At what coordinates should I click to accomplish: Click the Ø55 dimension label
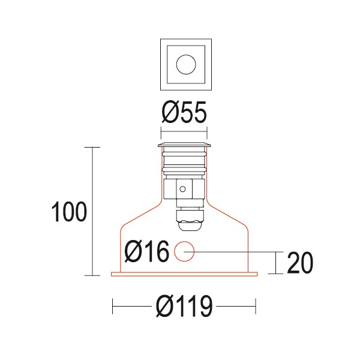[x=184, y=112]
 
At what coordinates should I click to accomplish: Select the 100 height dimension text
[x=70, y=212]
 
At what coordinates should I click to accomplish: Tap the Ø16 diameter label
[x=147, y=252]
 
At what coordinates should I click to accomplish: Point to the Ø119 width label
[x=184, y=307]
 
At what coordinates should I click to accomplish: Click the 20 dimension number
[x=301, y=263]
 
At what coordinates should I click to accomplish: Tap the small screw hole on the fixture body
[x=182, y=190]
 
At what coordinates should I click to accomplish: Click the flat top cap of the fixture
[x=184, y=145]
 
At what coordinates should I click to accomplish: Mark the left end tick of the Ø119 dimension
[x=113, y=307]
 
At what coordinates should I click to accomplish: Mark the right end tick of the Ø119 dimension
[x=256, y=307]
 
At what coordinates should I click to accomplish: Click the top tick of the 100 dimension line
[x=92, y=147]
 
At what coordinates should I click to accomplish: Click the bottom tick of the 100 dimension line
[x=92, y=275]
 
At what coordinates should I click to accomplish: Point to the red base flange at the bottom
[x=184, y=275]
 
